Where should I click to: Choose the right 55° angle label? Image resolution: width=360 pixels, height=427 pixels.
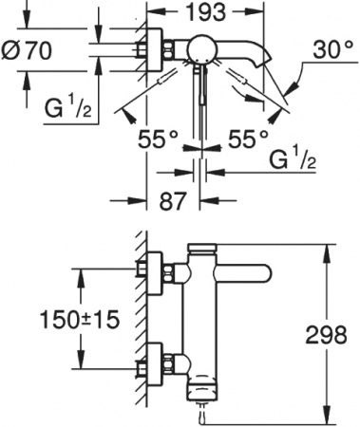click(249, 138)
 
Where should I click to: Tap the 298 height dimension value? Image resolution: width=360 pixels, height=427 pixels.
click(330, 335)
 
